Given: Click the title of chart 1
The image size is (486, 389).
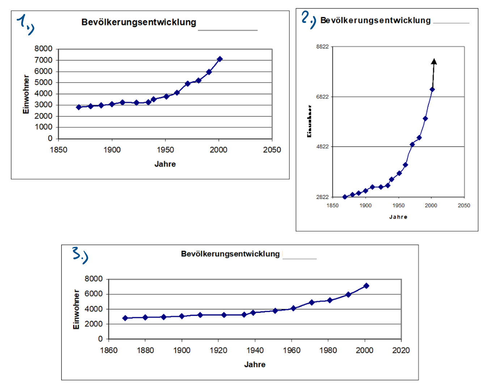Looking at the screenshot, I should coord(139,22).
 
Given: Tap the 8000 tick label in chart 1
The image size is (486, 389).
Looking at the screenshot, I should coord(43,49).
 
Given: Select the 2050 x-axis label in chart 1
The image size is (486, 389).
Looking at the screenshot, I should coord(272,150).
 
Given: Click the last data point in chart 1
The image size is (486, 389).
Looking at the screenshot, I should coord(220,59).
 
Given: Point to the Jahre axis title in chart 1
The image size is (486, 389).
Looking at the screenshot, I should coord(165,164).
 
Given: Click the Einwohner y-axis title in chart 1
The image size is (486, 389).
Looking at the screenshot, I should coord(26,94).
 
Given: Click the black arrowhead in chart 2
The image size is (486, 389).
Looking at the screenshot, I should coord(434,61).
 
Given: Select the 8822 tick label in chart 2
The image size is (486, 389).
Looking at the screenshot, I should coord(322,47).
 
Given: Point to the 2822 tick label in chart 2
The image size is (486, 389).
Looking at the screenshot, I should coord(322,197).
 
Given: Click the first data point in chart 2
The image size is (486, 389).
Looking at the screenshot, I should coord(345,197).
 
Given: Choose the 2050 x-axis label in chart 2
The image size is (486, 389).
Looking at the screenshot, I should coord(464,205).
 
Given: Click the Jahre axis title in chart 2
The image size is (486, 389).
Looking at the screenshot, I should coord(398,217).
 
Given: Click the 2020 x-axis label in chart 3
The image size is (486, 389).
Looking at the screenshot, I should coord(401,350).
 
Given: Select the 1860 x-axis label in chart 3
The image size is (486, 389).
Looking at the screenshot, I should coord(109,350).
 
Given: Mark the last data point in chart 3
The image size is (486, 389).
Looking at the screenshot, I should coord(366,286).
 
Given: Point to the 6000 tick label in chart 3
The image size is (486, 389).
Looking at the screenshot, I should coord(94,294).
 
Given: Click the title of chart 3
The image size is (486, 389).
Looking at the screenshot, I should coord(230,254).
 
